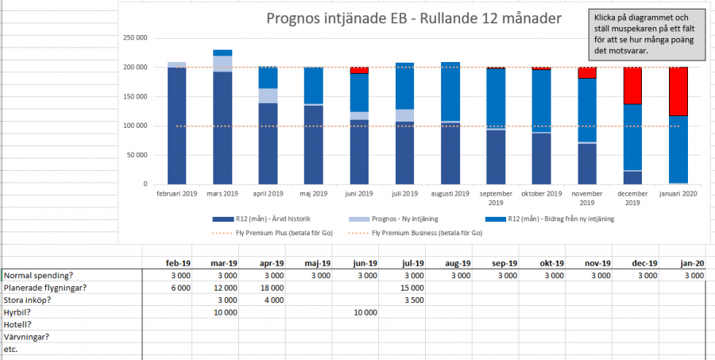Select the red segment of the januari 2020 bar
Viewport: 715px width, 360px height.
[678, 91]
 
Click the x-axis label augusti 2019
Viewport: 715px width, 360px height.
[450, 194]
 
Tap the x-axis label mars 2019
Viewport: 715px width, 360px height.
[222, 194]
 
